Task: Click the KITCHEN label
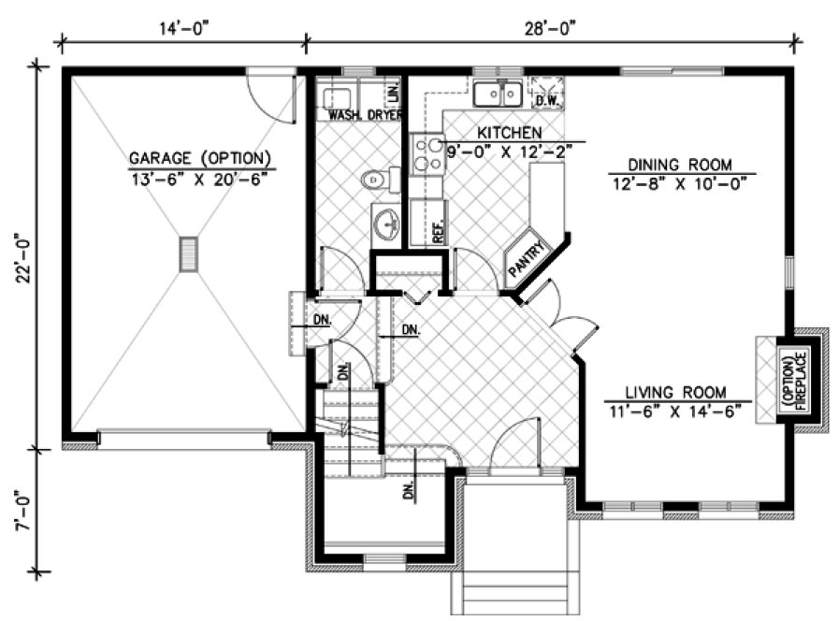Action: pos(509,132)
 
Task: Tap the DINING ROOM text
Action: pos(680,163)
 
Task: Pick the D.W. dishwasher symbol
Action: pos(546,94)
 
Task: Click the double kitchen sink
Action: pos(497,94)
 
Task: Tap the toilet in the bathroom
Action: pos(377,178)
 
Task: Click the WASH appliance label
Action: pos(344,115)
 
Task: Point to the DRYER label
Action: pos(384,115)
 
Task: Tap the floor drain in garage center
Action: pos(190,253)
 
